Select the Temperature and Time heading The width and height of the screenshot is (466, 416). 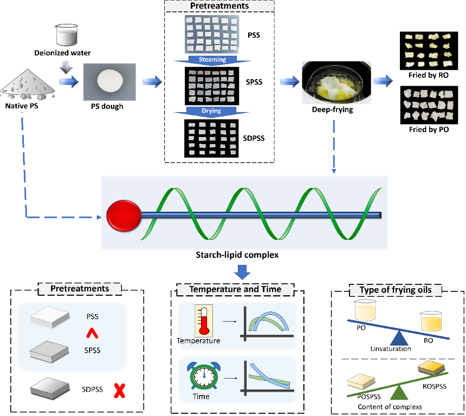coord(235,289)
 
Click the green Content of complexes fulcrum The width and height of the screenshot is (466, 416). coord(399,392)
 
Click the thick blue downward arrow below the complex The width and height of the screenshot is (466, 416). coord(244,271)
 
